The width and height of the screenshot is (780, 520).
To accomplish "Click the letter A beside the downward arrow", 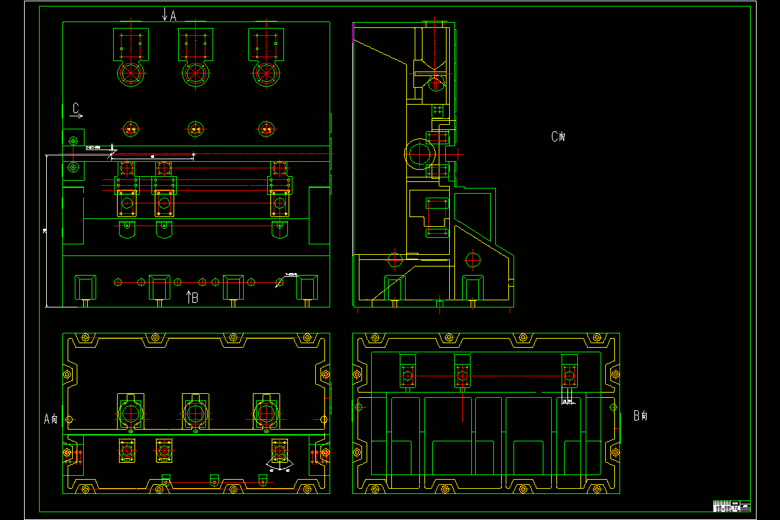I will pos(173,16).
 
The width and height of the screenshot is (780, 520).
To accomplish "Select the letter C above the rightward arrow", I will pos(76,107).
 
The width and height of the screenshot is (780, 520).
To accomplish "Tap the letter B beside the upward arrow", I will pos(194,298).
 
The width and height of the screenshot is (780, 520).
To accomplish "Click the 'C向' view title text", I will pos(558,136).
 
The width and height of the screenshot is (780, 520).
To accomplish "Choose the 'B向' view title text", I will pos(640,416).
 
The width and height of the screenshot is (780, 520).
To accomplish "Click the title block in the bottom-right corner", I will pos(732,506).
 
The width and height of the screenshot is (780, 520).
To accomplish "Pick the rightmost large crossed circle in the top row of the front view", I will pos(265,73).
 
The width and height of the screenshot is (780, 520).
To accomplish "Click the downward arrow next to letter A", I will pos(165,14).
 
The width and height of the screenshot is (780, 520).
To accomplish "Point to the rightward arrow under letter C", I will pos(77,116).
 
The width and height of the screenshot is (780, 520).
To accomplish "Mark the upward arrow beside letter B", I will pos(188,298).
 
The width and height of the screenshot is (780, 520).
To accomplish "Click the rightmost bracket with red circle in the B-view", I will pos(569,373).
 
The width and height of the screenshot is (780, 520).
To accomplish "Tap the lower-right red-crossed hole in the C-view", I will pos(473,259).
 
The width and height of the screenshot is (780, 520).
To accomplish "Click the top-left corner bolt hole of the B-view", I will pos(374,338).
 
